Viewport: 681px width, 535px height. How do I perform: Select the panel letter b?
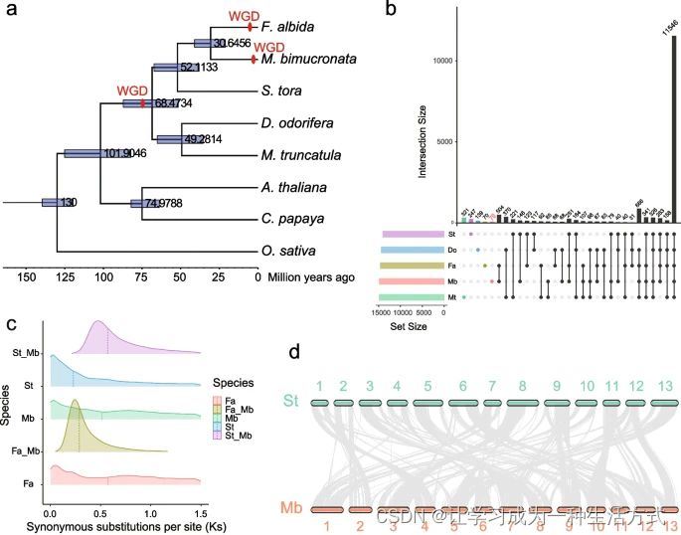392,11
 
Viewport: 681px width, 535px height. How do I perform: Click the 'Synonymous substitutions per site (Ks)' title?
116,523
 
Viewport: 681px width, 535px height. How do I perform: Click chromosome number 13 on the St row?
664,385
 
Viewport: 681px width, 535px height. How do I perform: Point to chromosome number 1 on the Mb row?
325,524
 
